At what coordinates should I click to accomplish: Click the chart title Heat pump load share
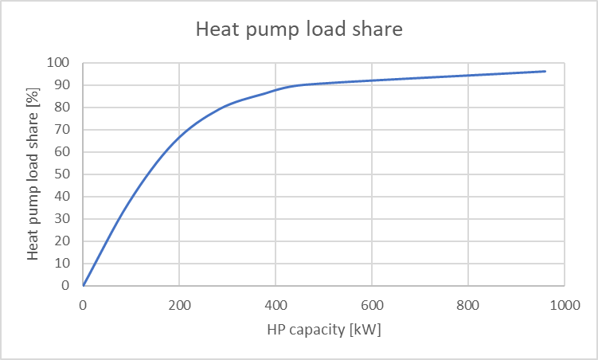(x=299, y=30)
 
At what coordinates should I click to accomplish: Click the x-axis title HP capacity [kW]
(x=323, y=329)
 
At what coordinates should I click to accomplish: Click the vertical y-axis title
(x=33, y=174)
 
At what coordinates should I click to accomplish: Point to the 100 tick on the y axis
(x=60, y=63)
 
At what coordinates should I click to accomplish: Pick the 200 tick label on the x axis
(x=179, y=303)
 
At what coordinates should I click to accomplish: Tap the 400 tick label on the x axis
(x=276, y=303)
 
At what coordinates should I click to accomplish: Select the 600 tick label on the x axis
(x=372, y=303)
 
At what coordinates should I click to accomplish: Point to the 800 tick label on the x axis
(x=468, y=303)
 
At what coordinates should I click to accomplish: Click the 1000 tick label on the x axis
(x=564, y=303)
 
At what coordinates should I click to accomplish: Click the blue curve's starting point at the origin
(x=84, y=285)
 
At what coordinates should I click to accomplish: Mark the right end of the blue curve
(x=545, y=71)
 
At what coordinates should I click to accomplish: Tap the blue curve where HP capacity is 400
(x=276, y=89)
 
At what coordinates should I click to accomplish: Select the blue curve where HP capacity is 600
(x=372, y=80)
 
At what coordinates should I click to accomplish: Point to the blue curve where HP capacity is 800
(x=468, y=75)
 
